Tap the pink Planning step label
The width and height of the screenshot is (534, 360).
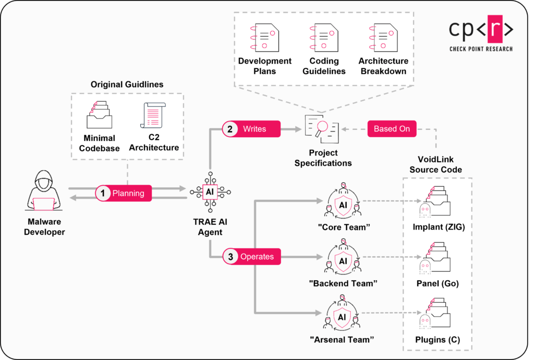pyautogui.click(x=124, y=193)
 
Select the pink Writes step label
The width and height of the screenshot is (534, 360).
pyautogui.click(x=251, y=129)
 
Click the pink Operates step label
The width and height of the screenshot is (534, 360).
pyautogui.click(x=251, y=257)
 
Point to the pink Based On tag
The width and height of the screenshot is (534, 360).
pyautogui.click(x=392, y=129)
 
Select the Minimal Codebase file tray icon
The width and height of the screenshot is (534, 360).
pyautogui.click(x=99, y=116)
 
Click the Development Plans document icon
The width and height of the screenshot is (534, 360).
pyautogui.click(x=265, y=37)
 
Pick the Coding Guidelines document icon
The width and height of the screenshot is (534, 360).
pyautogui.click(x=324, y=37)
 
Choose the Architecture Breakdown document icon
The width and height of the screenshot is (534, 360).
pyautogui.click(x=383, y=37)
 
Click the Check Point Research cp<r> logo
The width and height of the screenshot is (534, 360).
pyautogui.click(x=481, y=34)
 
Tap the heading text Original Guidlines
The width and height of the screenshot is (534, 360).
pyautogui.click(x=127, y=84)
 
